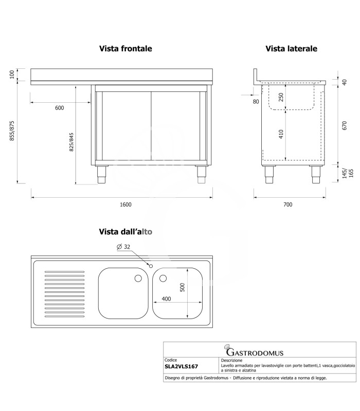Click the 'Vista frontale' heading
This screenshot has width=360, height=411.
[x=125, y=48]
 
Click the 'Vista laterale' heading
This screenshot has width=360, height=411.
[x=291, y=48]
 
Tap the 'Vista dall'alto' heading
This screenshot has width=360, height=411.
[x=125, y=232]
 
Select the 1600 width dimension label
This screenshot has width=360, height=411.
[x=125, y=204]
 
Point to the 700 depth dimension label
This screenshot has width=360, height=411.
[x=288, y=204]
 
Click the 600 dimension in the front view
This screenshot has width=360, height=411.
[x=60, y=108]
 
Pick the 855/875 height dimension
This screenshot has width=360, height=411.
[x=12, y=131]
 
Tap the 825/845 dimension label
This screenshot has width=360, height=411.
[x=71, y=142]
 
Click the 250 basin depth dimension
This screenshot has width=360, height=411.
[x=281, y=97]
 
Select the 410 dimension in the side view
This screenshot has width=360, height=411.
[x=281, y=134]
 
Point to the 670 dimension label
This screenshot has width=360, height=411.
[x=345, y=125]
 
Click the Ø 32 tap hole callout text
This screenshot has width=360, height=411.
[x=123, y=247]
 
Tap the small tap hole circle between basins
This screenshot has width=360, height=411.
[x=151, y=266]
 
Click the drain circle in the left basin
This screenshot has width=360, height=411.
[x=138, y=278]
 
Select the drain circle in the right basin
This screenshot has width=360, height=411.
[x=163, y=278]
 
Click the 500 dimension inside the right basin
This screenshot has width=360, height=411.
[x=183, y=287]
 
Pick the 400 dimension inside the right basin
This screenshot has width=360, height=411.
[x=166, y=299]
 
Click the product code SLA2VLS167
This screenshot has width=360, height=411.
[x=182, y=366]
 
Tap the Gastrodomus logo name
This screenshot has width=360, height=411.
[x=255, y=352]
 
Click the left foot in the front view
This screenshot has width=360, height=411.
[x=101, y=175]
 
